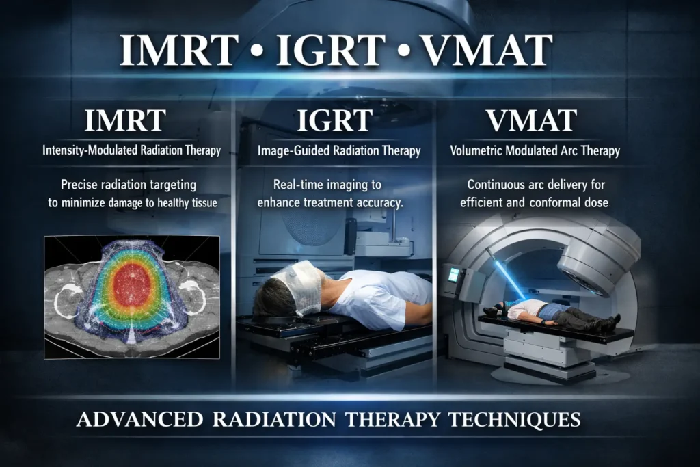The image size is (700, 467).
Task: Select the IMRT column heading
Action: (x=124, y=121)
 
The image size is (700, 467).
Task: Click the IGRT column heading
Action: (x=334, y=121)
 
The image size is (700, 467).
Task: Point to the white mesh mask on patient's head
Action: (x=299, y=283)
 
